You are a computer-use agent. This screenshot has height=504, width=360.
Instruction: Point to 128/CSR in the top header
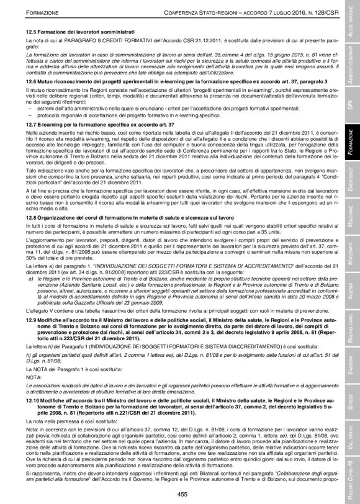[326, 12]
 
